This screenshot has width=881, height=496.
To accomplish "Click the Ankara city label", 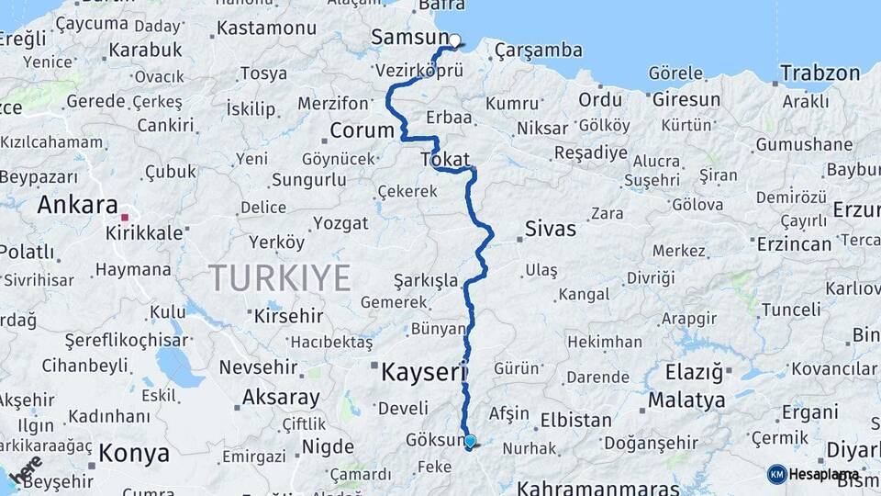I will click(x=78, y=205).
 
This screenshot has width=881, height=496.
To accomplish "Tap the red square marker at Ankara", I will click(x=125, y=218).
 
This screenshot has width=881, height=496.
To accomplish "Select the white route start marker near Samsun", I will click(x=454, y=40).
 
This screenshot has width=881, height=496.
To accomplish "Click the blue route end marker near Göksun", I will click(x=470, y=442).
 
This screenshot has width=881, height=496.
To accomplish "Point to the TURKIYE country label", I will click(x=279, y=277).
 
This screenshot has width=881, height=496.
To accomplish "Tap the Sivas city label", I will click(x=551, y=229).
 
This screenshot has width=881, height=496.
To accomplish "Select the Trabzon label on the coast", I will click(x=820, y=73).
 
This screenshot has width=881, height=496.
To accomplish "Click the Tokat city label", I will click(x=445, y=160).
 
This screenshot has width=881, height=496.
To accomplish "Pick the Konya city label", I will click(x=134, y=454).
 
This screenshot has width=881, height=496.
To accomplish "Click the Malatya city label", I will click(x=686, y=400).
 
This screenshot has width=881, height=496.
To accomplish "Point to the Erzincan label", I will click(x=794, y=243).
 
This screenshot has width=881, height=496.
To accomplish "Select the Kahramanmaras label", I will click(x=598, y=488).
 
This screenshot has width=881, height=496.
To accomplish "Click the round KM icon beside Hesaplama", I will click(x=776, y=474).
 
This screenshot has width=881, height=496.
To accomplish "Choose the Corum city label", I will click(x=362, y=130).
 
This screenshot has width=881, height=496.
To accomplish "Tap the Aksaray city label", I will click(x=281, y=399).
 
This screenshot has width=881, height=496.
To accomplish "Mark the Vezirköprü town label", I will click(x=419, y=71).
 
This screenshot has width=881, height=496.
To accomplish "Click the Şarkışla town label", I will click(x=425, y=279).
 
